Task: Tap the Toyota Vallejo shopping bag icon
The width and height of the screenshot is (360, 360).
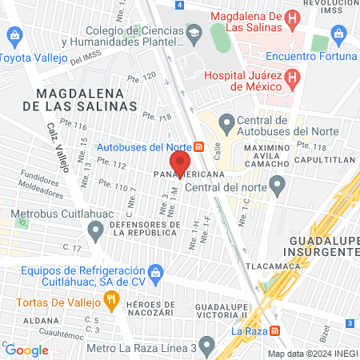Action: click(13, 36)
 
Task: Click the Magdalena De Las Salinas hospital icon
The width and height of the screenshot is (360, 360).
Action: click(293, 18)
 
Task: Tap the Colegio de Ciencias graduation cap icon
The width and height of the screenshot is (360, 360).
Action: click(194, 34)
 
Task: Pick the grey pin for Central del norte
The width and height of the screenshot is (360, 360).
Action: click(278, 188)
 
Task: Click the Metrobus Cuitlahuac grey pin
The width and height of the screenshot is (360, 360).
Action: click(96, 233)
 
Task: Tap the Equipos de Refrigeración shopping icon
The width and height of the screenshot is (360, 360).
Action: click(157, 272)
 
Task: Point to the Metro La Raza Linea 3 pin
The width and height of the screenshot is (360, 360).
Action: click(207, 346)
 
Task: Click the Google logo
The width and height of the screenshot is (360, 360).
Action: click(26, 350)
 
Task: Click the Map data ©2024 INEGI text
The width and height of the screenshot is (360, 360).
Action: click(311, 354)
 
